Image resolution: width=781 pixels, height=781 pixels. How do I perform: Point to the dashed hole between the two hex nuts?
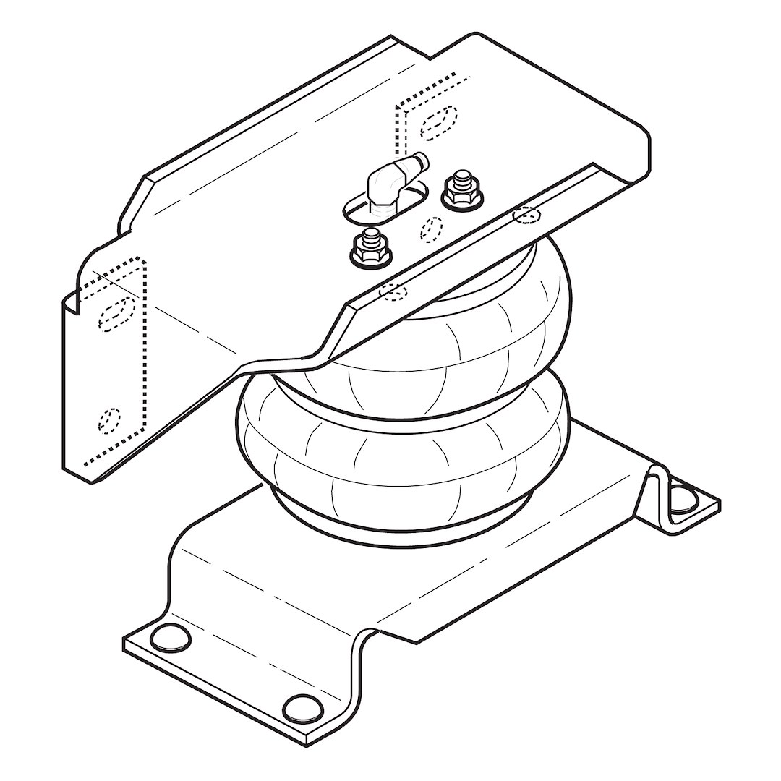(432, 228)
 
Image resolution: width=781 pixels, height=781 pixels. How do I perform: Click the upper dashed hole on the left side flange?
(116, 312)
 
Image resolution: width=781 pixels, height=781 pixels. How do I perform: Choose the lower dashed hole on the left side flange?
(110, 419)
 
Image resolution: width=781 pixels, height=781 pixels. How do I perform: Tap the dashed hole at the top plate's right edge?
(526, 215)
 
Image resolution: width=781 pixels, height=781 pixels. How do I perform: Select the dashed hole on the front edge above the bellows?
(393, 291)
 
